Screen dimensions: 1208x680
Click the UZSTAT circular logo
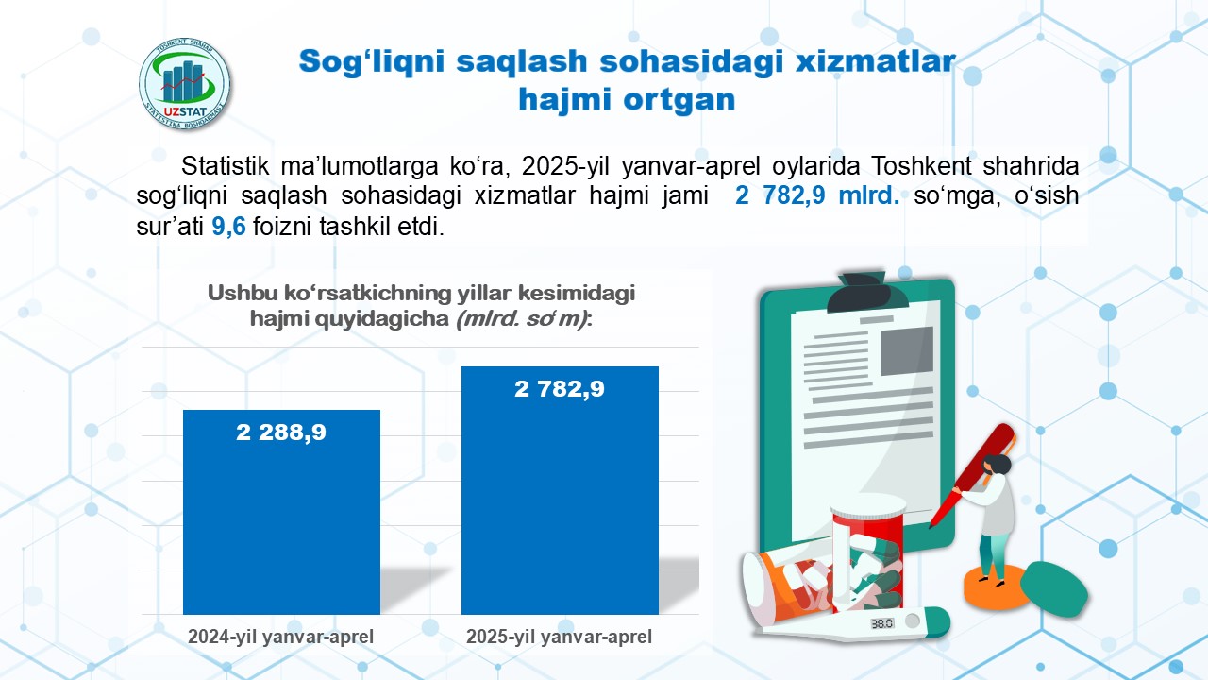[184, 84]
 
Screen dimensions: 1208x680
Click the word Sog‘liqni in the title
[372, 61]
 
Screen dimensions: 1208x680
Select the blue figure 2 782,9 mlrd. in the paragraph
[817, 195]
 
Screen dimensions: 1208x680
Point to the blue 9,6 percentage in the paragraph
[228, 226]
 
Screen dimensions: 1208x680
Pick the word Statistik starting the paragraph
[225, 165]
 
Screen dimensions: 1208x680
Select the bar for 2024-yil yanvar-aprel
[281, 512]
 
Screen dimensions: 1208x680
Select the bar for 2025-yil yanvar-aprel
[560, 490]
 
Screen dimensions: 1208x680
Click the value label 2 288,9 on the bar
[281, 433]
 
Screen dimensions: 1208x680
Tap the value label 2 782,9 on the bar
[560, 389]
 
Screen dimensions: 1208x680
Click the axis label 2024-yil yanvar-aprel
[280, 637]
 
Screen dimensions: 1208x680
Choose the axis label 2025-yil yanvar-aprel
[559, 637]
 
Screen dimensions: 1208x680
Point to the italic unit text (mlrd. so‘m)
[522, 319]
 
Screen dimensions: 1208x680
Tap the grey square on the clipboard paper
[907, 351]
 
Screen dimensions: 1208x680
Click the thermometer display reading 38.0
[881, 623]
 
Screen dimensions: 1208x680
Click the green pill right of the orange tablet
[1053, 589]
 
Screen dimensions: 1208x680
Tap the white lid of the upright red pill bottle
[868, 504]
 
